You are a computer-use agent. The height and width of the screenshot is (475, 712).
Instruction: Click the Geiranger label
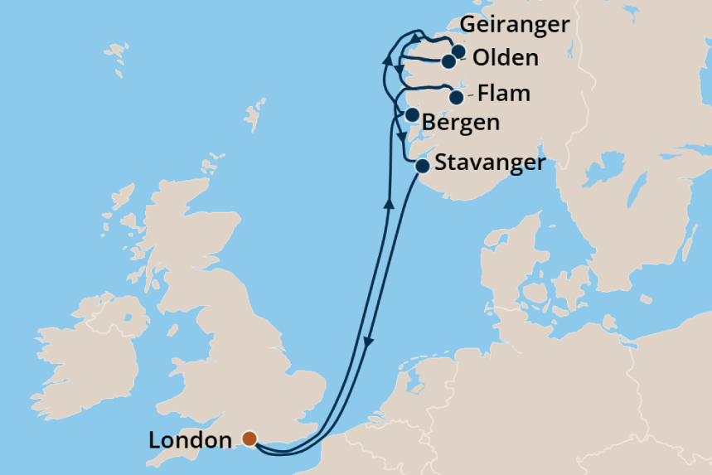pos(515,25)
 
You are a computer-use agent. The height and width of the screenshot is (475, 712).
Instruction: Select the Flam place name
pos(503,93)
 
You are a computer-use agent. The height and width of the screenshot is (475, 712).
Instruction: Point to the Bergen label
pos(461,124)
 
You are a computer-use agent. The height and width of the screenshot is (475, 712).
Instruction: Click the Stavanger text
pos(490,162)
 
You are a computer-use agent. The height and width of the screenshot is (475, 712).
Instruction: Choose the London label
pos(190,439)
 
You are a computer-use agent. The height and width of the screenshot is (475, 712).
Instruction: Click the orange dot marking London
pos(248,438)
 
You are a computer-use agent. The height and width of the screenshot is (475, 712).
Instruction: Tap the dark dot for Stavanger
pos(422,167)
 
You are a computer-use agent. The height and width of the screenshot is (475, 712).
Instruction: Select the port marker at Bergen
pos(411,114)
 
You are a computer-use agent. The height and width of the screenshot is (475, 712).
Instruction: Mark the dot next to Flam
pos(456,98)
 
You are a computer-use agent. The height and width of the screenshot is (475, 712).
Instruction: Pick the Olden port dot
pos(448,61)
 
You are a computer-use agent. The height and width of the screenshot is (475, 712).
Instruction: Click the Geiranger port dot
pos(458,51)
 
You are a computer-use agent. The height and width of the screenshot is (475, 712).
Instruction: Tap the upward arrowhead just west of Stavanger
pos(388,201)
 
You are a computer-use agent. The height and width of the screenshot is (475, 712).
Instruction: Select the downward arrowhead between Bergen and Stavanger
pos(402,137)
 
